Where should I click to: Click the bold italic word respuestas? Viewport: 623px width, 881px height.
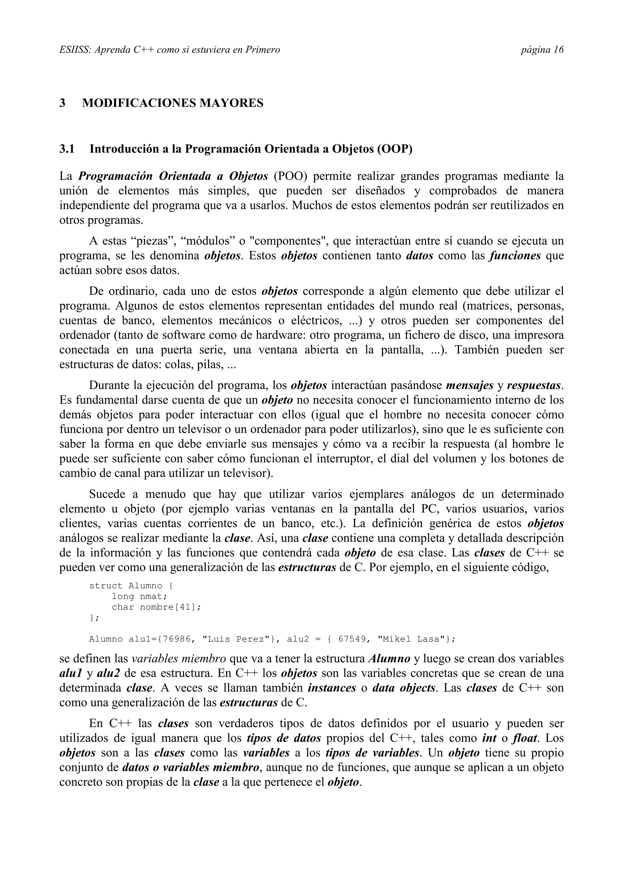[x=535, y=385]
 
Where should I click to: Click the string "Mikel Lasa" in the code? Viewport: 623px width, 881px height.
[x=413, y=639]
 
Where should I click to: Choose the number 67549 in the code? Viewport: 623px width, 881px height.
[x=352, y=639]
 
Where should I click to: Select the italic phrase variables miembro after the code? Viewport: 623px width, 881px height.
[x=179, y=659]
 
